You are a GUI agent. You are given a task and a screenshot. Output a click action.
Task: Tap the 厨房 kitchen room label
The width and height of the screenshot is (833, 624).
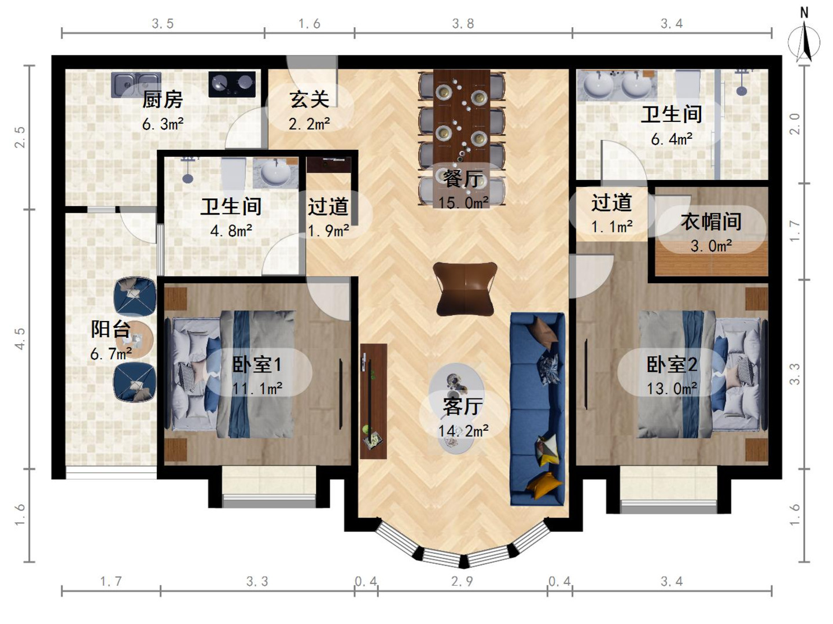pos(163,99)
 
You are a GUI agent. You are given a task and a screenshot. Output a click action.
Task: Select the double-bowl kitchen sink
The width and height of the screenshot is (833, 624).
pos(137,84)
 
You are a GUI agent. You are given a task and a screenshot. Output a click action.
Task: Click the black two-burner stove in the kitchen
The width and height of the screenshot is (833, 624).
pos(232,84)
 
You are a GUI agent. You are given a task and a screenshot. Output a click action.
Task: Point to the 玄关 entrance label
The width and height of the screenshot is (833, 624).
pos(309,99)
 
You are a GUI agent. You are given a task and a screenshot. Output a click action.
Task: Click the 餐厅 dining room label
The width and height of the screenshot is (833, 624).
pos(462,179)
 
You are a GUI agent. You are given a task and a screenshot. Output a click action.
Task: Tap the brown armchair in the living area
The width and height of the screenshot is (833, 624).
pos(465,288)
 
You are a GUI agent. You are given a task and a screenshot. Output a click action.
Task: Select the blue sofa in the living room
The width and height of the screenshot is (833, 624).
pos(537,408)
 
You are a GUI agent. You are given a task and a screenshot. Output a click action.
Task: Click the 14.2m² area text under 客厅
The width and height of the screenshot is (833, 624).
pos(463,431)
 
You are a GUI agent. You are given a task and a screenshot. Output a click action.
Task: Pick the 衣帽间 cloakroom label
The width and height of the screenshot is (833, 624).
pos(711,221)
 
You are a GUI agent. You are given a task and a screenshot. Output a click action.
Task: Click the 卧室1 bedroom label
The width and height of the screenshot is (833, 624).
pos(257,364)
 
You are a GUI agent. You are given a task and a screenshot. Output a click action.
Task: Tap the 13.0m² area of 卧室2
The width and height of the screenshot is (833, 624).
pos(672,389)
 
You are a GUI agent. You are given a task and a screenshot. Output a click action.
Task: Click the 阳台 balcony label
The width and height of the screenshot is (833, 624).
pos(110,329)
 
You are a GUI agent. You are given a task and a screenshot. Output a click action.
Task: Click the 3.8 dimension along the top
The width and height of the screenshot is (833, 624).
pos(463,24)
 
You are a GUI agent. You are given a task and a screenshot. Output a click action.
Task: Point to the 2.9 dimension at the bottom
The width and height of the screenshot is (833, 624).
pos(462,581)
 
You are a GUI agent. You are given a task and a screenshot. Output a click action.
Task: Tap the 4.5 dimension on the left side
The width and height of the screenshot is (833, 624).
pos(20,338)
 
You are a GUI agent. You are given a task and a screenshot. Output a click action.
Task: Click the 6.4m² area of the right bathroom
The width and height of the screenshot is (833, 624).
pos(672,139)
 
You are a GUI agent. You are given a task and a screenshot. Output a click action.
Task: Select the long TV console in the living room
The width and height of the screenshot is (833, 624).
pos(373,401)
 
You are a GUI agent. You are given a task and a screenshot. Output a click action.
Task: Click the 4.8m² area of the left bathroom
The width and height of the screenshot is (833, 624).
pos(231,231)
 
